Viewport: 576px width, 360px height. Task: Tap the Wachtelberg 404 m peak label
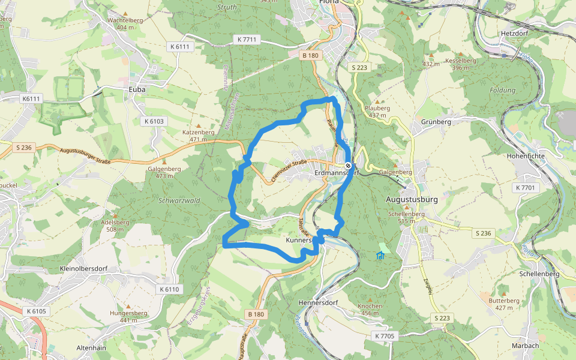(125, 23)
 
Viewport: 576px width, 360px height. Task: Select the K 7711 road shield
(247, 39)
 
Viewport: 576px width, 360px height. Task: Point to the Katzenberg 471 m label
(198, 135)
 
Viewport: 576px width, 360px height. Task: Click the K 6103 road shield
(154, 121)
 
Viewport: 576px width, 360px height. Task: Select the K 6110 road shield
(170, 289)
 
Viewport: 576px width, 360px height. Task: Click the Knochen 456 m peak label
(369, 309)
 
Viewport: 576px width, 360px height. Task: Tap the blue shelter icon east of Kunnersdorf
(380, 256)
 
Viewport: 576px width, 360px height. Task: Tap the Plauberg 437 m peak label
(377, 112)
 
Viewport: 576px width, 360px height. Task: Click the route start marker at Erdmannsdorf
(348, 166)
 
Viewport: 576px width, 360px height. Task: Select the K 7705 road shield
(384, 336)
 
